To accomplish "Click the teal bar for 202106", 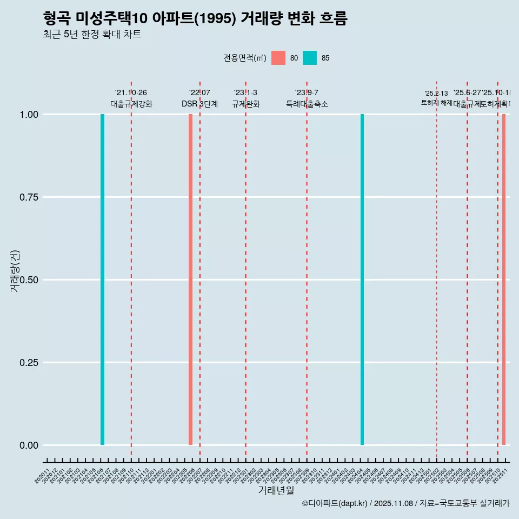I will pos(102,280).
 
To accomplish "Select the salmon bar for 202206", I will pos(190,280).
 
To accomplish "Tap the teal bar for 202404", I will pos(362,280).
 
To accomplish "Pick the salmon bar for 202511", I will pos(504,280).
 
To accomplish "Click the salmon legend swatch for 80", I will pos(278,58).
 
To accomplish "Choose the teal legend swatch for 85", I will pos(310,58).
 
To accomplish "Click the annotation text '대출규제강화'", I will pos(131,104).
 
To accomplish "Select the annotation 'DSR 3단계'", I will pos(199,104).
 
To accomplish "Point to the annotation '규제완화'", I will pos(246,104).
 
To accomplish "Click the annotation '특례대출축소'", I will pos(307,104).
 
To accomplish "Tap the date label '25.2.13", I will pos(436,94).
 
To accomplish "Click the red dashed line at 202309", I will pos(307,270).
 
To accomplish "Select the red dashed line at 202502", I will pos(437,270).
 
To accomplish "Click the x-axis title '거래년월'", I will pos(276,490).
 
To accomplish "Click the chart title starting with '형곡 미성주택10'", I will pos(195,18).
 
